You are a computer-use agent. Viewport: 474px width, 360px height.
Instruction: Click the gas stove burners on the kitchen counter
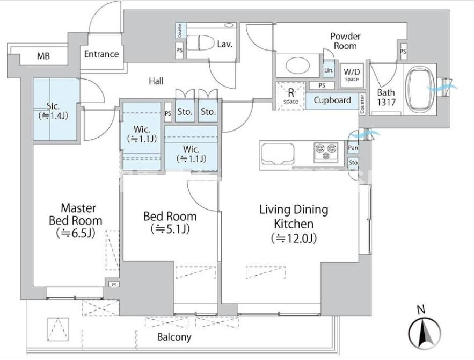point(325,152)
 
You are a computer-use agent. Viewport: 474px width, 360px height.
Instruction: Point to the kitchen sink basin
point(278,155)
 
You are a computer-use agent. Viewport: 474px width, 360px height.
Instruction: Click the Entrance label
point(101,54)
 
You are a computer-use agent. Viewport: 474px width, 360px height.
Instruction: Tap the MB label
point(43,55)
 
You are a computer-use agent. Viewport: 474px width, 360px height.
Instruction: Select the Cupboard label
point(332,100)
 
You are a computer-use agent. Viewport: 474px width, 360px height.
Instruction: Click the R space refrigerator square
point(290,96)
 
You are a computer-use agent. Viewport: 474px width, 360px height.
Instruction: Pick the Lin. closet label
point(329,70)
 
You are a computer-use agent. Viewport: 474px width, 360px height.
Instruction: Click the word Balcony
point(174,337)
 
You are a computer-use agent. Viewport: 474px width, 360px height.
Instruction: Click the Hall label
point(156,81)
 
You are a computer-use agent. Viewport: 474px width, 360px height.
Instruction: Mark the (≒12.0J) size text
point(294,237)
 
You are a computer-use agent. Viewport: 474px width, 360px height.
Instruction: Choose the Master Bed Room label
point(75,214)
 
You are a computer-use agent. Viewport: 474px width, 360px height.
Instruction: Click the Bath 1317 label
point(385,96)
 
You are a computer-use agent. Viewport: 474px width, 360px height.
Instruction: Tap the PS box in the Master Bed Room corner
point(114,285)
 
